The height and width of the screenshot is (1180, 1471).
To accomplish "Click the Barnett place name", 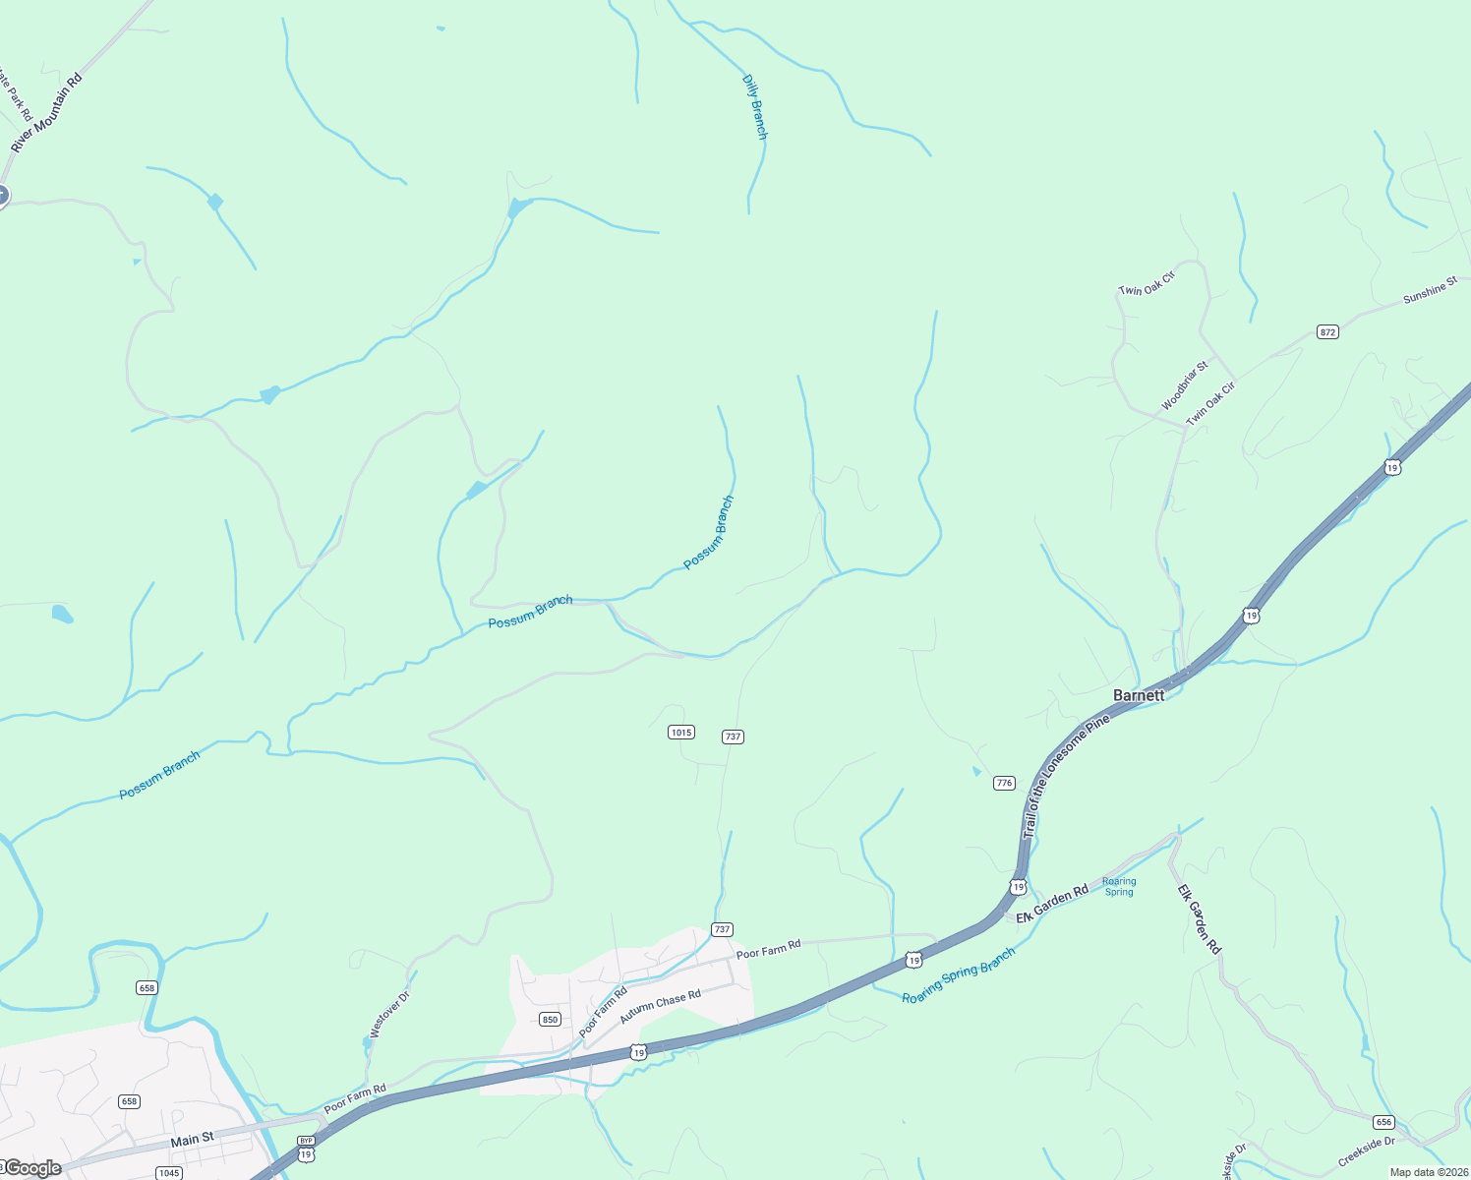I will click(x=1139, y=695).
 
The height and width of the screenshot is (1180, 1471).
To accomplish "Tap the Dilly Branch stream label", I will click(x=754, y=106).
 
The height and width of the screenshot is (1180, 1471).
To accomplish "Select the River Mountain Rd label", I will click(x=46, y=112).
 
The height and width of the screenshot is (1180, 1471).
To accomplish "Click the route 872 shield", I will click(x=1328, y=332).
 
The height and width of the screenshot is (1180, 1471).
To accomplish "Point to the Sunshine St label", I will click(x=1430, y=290).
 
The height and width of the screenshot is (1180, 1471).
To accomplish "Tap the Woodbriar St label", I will click(x=1184, y=386).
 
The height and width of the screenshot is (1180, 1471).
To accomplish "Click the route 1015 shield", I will click(x=680, y=732).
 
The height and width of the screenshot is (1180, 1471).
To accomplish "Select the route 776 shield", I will click(x=1003, y=783).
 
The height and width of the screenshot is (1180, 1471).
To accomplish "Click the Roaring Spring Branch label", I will click(x=959, y=975).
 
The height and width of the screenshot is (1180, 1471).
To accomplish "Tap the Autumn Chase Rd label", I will click(x=660, y=1006).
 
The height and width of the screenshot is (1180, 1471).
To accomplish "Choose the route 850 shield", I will click(x=550, y=1019).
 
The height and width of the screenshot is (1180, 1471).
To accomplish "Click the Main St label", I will click(x=192, y=1140).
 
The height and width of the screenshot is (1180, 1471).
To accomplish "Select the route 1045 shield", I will click(x=169, y=1172).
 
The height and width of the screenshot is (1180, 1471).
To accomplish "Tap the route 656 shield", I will click(x=1383, y=1122).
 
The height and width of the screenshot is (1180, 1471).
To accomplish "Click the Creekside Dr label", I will click(x=1366, y=1151).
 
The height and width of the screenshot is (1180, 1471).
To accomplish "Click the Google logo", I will click(x=32, y=1168).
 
